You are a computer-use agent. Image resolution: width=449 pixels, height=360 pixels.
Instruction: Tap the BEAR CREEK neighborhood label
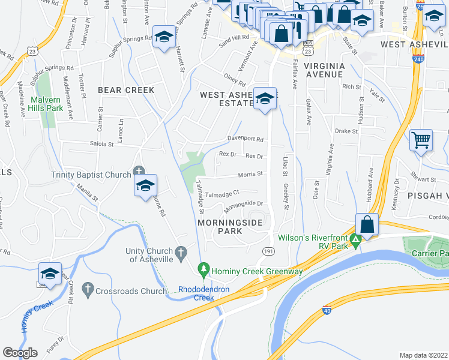pos(126,90)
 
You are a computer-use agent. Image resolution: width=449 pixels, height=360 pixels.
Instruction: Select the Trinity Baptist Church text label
pos(91,175)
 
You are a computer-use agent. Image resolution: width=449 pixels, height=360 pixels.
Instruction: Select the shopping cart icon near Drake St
pos(421,140)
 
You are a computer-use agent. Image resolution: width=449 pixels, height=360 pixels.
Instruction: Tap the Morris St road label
pos(252,174)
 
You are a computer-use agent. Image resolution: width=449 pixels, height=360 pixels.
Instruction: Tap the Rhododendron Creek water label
pos(204,293)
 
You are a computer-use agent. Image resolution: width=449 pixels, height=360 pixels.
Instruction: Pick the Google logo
pos(20,353)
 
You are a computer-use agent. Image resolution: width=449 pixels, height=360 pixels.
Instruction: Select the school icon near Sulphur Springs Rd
pos(162,37)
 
